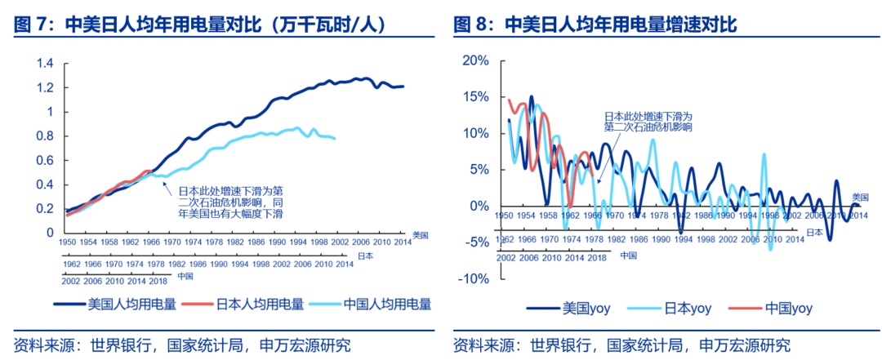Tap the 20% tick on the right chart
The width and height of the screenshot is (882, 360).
pos(475,60)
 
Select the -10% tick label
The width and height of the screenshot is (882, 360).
pos(473,278)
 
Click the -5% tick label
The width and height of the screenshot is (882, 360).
pos(476,242)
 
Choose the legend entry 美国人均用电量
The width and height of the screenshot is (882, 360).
pos(131,304)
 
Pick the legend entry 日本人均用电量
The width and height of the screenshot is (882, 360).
pos(260,304)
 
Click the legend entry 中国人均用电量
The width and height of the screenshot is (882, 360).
pos(386,304)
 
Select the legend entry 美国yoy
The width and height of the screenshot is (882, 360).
pos(584,308)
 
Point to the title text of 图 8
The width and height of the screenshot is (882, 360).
pos(595,25)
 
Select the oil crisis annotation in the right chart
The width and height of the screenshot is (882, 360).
pos(648,122)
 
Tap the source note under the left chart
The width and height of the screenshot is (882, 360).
pos(187,344)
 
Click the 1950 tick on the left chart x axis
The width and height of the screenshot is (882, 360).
pos(68,242)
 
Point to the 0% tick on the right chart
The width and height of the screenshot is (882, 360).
pos(479,206)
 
